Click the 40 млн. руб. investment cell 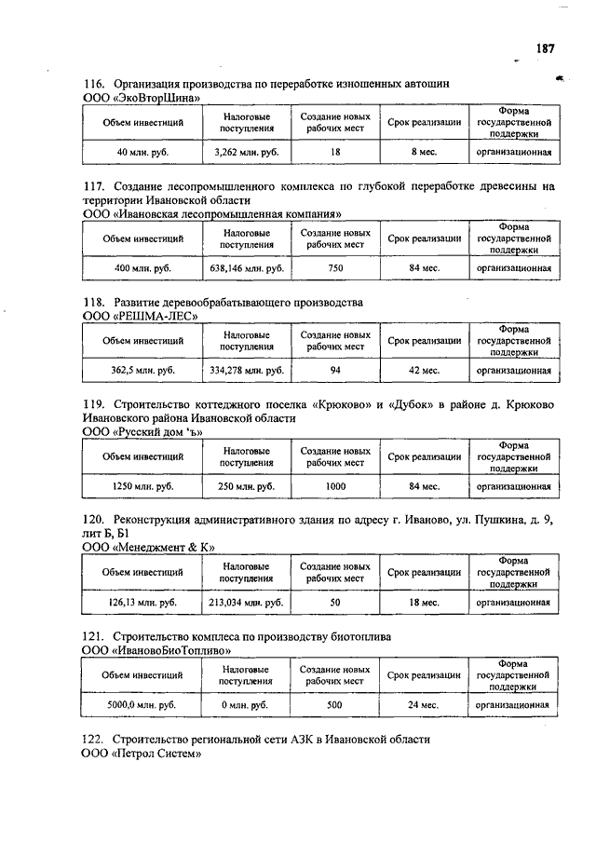142,151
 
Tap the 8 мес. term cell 425,151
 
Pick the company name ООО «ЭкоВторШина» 141,98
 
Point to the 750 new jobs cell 335,267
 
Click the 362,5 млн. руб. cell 142,370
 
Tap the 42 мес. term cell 425,370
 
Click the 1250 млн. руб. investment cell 142,486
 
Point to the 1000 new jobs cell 335,486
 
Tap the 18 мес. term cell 425,603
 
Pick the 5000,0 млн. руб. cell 142,705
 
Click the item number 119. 92,403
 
